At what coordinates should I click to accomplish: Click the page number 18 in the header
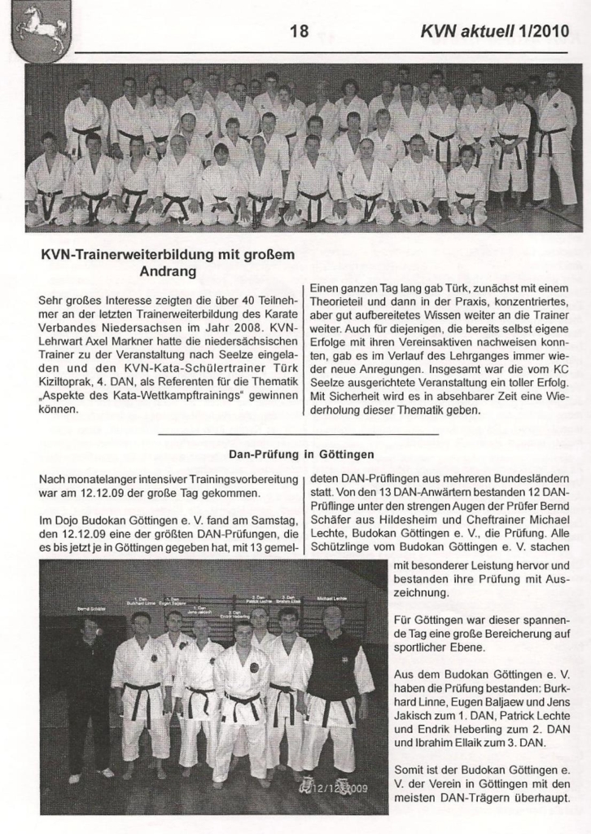point(299,32)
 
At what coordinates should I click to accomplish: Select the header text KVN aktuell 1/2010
point(492,32)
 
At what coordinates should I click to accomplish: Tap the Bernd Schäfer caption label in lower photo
point(91,608)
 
